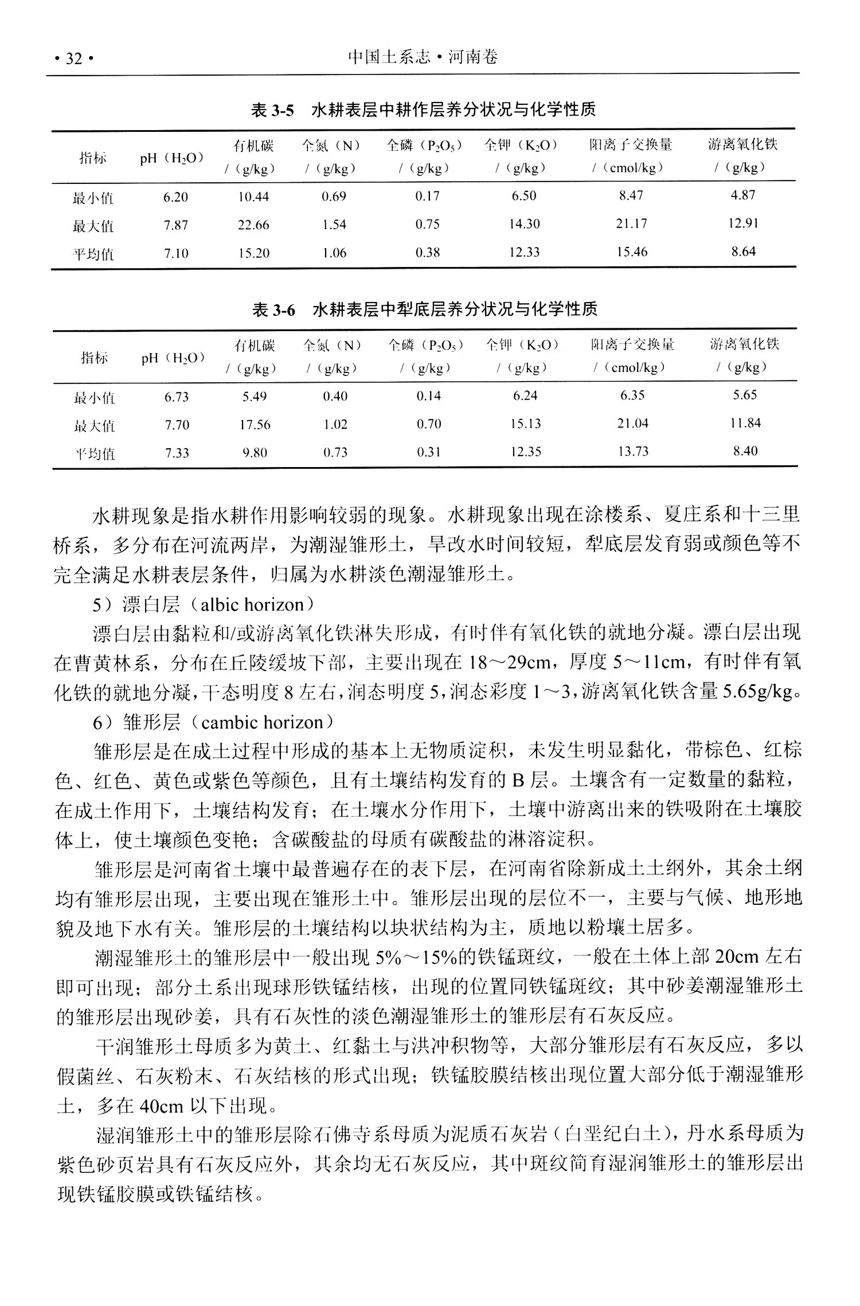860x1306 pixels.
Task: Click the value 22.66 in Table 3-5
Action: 253,225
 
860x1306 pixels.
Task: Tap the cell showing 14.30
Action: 524,224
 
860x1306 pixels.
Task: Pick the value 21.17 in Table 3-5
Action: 631,223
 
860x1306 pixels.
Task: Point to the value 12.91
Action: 743,223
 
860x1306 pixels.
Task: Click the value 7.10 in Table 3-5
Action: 175,253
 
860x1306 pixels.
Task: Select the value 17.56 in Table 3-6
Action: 255,425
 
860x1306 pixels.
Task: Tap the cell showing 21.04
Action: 632,423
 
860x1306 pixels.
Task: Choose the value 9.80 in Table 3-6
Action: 255,453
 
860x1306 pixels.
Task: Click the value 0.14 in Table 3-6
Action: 429,396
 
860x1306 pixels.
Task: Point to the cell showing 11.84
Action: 745,423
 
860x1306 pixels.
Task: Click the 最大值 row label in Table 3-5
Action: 93,226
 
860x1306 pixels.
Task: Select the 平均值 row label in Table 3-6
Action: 95,454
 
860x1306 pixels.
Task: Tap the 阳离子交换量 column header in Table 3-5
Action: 631,145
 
